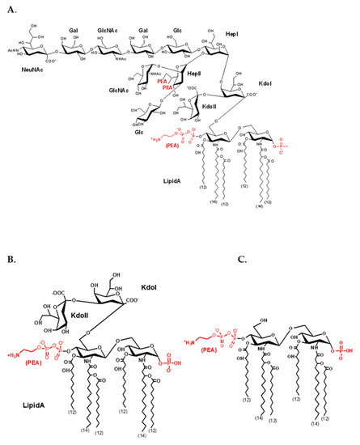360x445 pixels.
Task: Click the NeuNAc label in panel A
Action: (44, 71)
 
